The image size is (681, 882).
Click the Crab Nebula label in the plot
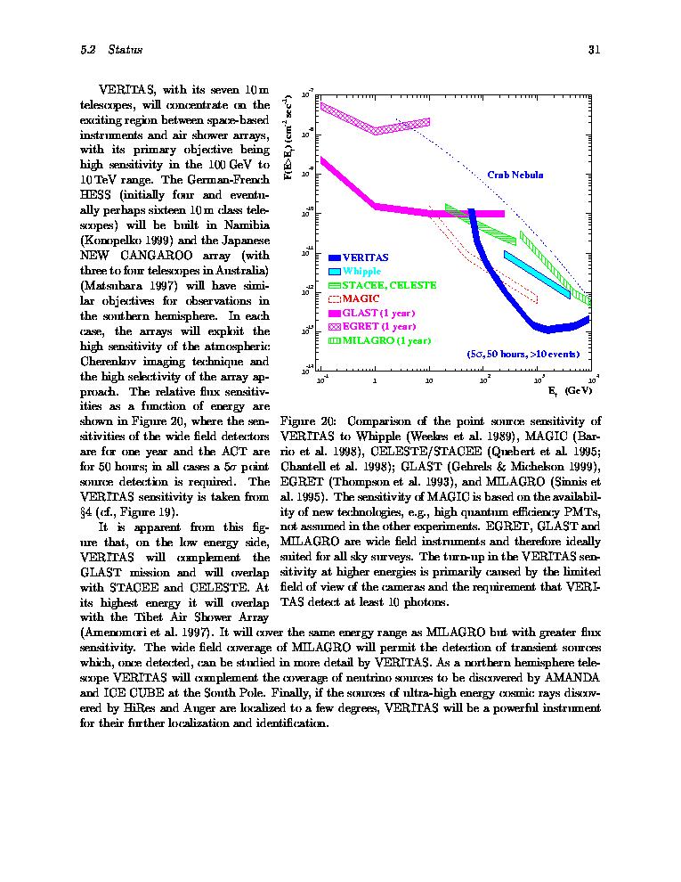click(x=515, y=175)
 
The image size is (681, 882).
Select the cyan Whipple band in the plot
click(x=538, y=272)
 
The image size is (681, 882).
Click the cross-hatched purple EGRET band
click(x=374, y=121)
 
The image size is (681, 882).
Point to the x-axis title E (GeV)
click(x=569, y=390)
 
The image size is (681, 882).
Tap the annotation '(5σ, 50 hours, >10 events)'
click(x=523, y=354)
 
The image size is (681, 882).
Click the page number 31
click(x=595, y=50)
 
